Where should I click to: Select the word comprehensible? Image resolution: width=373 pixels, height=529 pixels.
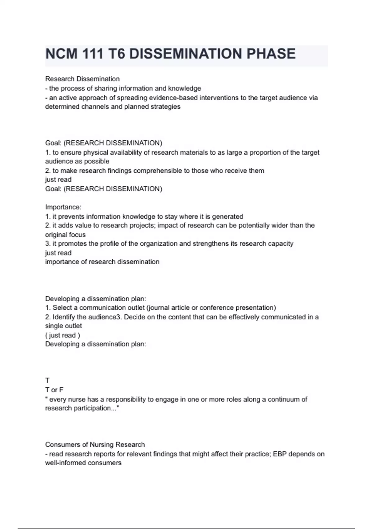(161, 171)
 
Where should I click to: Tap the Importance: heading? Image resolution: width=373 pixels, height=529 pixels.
(63, 207)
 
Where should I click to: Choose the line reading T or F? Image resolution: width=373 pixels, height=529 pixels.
(54, 390)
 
